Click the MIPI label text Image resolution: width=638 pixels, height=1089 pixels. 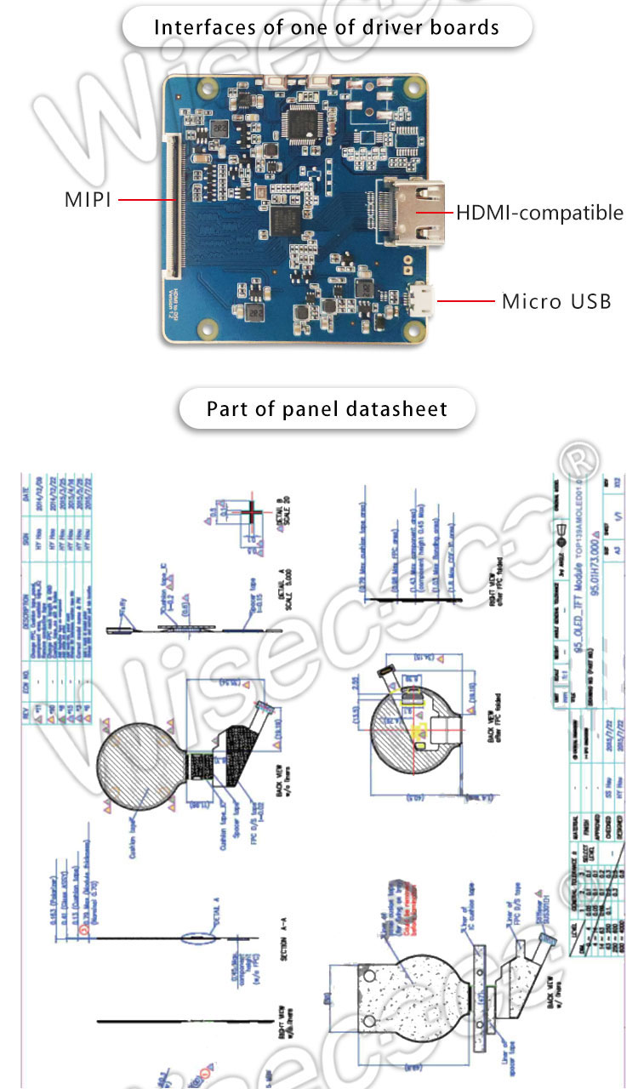pyautogui.click(x=88, y=201)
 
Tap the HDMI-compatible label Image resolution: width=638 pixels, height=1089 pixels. pyautogui.click(x=539, y=213)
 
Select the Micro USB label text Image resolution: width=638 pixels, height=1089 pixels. pyautogui.click(x=556, y=301)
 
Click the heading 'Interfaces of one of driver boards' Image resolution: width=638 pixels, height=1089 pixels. pyautogui.click(x=327, y=27)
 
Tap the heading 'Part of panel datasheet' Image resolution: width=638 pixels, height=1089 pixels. pyautogui.click(x=327, y=409)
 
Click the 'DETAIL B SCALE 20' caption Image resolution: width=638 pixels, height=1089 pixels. pyautogui.click(x=285, y=521)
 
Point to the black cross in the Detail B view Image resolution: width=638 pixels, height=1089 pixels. pyautogui.click(x=253, y=513)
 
